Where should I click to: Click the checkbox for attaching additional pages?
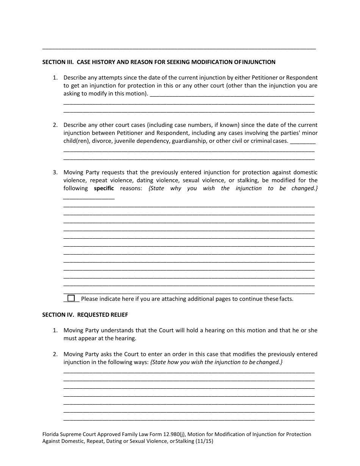tap(71, 298)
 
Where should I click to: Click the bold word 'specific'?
tap(104, 188)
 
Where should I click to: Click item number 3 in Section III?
tap(55, 172)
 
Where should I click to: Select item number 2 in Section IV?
tap(55, 354)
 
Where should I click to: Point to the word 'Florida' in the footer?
tap(51, 434)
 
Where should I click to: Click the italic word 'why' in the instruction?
tap(175, 188)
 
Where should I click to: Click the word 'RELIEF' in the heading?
tap(119, 314)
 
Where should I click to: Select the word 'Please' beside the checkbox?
tap(89, 299)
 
